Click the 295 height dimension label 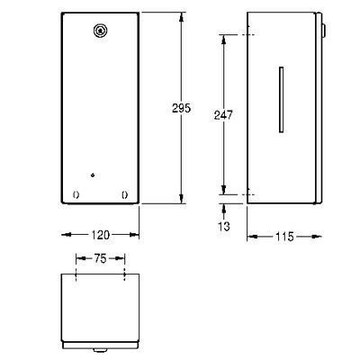click(x=181, y=108)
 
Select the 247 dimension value click(x=223, y=115)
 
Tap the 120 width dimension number click(x=100, y=235)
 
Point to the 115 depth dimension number click(x=284, y=237)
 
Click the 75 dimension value click(x=100, y=258)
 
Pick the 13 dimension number click(x=224, y=227)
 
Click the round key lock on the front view click(x=100, y=31)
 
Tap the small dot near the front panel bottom click(x=93, y=175)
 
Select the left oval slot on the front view click(x=76, y=195)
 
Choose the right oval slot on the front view click(x=124, y=195)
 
